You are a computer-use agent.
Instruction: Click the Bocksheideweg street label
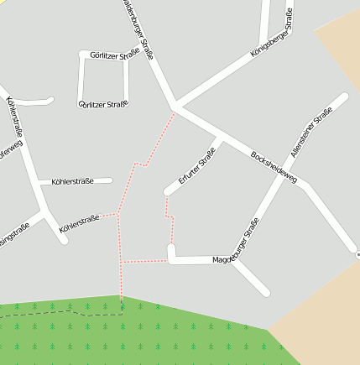pyautogui.click(x=274, y=168)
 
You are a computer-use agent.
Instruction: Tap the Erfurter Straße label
pyautogui.click(x=197, y=166)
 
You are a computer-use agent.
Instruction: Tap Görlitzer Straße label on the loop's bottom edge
pyautogui.click(x=103, y=105)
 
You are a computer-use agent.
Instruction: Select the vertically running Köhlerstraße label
pyautogui.click(x=14, y=118)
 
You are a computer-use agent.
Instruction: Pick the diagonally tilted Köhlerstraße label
pyautogui.click(x=80, y=222)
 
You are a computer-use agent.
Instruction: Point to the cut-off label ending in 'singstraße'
pyautogui.click(x=13, y=235)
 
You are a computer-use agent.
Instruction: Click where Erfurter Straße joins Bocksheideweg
pyautogui.click(x=219, y=137)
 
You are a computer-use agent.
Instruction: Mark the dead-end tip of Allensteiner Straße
pyautogui.click(x=342, y=96)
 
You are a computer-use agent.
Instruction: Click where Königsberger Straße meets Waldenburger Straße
pyautogui.click(x=177, y=107)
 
